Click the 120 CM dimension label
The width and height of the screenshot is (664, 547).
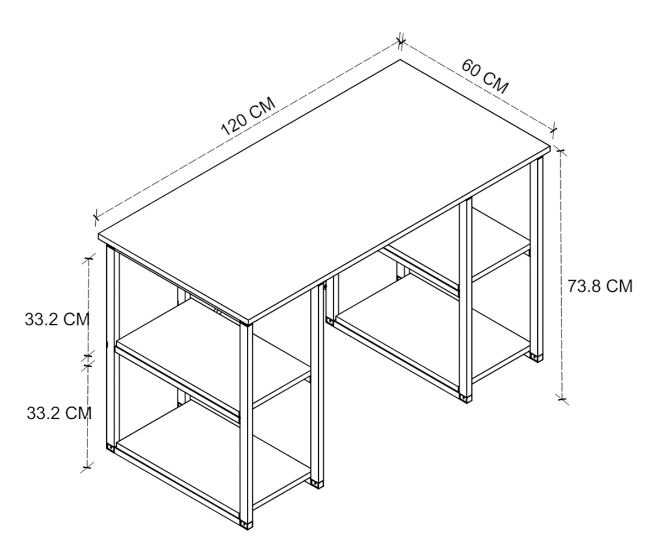248,116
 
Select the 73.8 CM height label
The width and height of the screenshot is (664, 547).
600,286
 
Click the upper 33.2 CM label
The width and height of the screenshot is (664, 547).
57,319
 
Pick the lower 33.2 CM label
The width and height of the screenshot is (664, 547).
59,413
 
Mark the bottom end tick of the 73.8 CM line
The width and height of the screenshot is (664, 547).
562,399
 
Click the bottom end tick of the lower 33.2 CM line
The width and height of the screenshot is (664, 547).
87,467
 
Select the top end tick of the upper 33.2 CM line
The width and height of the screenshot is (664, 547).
89,259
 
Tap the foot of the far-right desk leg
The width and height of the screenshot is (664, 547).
537,358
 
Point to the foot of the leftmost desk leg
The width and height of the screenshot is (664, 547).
111,447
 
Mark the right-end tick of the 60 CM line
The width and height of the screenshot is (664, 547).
554,129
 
